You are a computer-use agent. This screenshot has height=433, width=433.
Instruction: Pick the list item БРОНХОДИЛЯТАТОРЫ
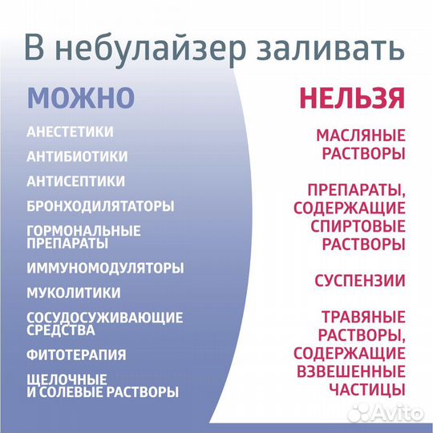(x=100, y=206)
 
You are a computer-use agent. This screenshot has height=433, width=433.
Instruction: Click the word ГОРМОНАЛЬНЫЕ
(x=83, y=230)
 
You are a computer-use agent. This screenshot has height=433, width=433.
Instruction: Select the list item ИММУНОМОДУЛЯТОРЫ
(x=105, y=267)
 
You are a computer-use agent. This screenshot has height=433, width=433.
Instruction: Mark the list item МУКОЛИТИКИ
(x=74, y=292)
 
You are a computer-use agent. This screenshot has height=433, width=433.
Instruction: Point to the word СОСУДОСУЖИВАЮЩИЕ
(x=105, y=318)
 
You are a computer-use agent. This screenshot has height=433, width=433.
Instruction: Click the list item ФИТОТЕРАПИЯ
(x=76, y=354)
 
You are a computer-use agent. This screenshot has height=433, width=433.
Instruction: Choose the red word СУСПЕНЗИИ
(x=359, y=280)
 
